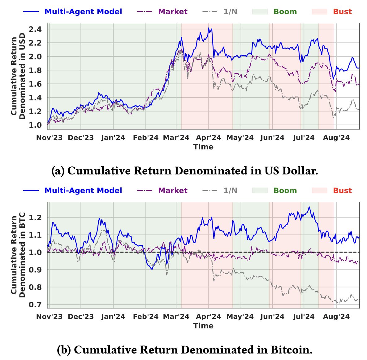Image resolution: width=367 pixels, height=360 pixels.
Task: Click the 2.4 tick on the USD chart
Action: click(35, 29)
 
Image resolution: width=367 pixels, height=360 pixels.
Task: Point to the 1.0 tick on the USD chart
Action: click(35, 125)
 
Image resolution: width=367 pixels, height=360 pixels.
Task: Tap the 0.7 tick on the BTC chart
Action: click(35, 305)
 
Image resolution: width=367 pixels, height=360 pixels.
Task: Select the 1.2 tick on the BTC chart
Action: click(35, 217)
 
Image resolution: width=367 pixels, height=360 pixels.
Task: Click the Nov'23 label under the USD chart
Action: click(49, 138)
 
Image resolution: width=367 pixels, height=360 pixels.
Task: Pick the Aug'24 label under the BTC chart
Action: click(336, 316)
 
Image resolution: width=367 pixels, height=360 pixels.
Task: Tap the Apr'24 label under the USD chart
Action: click(208, 138)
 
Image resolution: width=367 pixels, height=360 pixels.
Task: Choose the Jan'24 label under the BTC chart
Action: click(113, 316)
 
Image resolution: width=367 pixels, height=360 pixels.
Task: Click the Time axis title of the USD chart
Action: click(203, 147)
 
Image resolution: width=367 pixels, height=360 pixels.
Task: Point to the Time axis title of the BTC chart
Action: click(203, 326)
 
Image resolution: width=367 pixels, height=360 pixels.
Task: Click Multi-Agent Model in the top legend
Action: click(83, 12)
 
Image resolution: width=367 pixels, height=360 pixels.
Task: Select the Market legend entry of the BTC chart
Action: click(173, 191)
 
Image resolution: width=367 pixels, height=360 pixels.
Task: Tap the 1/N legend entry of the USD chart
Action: click(230, 12)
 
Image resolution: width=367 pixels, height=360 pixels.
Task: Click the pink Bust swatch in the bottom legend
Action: click(319, 191)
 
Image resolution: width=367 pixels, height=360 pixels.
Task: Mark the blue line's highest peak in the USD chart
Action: click(209, 28)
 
